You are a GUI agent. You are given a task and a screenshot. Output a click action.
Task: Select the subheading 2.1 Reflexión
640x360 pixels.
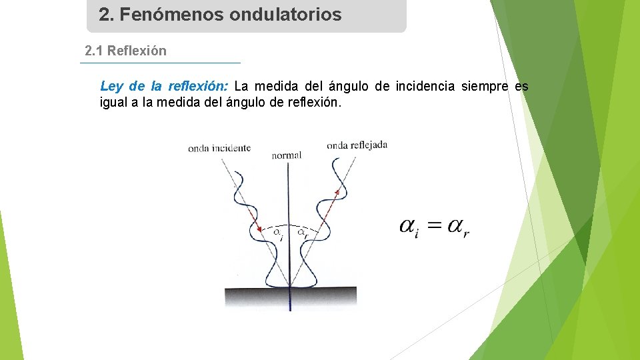click(x=126, y=51)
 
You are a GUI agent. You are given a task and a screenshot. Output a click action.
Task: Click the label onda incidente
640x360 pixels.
click(x=219, y=148)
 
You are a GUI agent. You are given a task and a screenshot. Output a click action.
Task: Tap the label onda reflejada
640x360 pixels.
click(x=357, y=145)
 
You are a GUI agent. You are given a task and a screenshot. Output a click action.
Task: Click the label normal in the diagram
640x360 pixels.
click(x=287, y=155)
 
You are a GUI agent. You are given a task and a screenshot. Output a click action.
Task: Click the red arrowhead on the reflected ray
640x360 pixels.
click(x=337, y=191)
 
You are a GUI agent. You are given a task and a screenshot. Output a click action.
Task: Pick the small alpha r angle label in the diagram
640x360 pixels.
click(x=302, y=233)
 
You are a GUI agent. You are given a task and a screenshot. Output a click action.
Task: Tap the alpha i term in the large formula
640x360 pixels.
click(x=409, y=228)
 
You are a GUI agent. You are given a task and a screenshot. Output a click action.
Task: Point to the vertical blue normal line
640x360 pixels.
click(x=289, y=200)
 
